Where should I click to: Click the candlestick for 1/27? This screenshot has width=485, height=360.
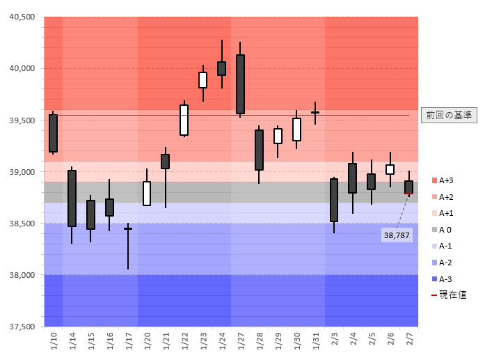(240, 84)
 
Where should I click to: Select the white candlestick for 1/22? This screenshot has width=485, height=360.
(184, 120)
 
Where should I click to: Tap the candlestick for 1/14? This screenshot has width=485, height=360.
(72, 198)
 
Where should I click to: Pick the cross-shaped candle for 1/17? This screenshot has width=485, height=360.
(128, 228)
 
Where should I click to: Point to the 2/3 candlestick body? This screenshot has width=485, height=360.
(334, 200)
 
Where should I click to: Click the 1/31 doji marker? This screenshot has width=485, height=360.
(315, 112)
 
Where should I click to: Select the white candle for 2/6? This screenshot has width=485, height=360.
(390, 169)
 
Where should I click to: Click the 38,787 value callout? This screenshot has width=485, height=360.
(397, 235)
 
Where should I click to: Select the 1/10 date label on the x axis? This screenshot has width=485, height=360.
(54, 341)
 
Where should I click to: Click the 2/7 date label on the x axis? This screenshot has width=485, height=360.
(409, 341)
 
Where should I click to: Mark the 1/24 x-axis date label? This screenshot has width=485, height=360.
(221, 341)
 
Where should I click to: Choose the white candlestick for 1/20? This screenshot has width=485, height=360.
(147, 194)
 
